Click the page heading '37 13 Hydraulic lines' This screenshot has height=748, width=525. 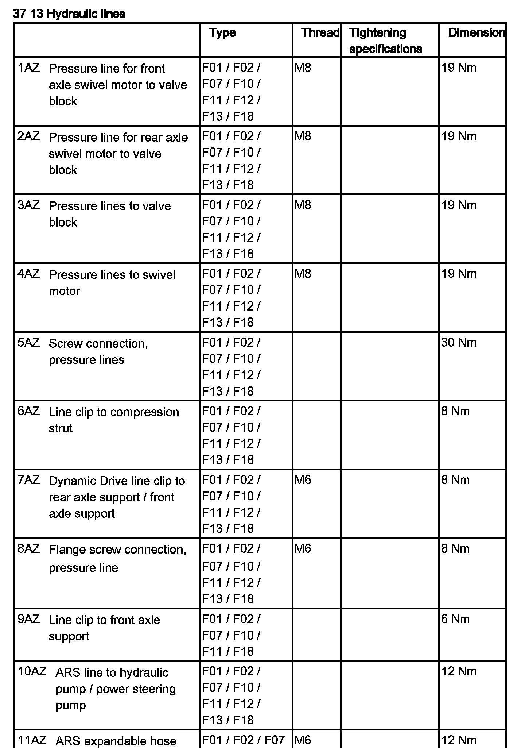[69, 14]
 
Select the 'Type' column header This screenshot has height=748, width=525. [222, 33]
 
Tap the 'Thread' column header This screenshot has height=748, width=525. [320, 33]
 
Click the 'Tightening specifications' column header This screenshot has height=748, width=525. [385, 41]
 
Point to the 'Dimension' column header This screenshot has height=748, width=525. [476, 33]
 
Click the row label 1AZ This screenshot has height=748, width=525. [28, 68]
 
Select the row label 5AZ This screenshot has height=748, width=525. [28, 343]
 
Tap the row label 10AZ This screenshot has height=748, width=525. [32, 671]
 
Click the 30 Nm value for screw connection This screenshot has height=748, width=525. [459, 343]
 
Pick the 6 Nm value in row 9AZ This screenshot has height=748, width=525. [455, 619]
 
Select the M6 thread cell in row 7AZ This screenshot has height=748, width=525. [303, 480]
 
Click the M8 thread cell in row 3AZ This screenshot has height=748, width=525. [303, 205]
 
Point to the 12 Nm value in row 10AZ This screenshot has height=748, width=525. [459, 671]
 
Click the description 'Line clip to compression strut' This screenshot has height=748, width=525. [114, 420]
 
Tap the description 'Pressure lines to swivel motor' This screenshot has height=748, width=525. [112, 283]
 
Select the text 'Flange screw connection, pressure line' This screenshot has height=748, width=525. [117, 559]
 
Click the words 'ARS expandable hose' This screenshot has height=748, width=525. [116, 741]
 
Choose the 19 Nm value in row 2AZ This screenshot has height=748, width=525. [459, 136]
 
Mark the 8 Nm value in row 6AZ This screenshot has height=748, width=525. [455, 411]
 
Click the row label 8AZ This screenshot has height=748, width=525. [28, 549]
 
